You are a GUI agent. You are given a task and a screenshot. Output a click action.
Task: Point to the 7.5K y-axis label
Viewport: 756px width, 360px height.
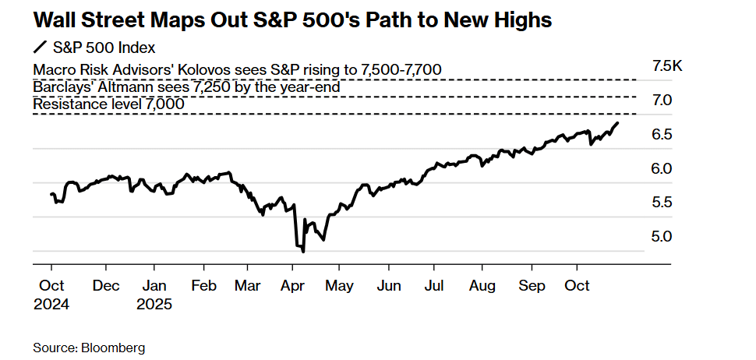pyautogui.click(x=667, y=66)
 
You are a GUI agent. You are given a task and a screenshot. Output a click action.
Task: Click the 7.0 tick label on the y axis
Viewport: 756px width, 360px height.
pyautogui.click(x=662, y=101)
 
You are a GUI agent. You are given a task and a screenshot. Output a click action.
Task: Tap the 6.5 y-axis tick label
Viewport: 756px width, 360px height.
pyautogui.click(x=662, y=135)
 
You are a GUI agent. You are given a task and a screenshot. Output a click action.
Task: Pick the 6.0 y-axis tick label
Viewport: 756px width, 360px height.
pyautogui.click(x=662, y=168)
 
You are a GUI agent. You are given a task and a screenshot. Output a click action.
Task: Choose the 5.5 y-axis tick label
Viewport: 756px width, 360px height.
pyautogui.click(x=662, y=203)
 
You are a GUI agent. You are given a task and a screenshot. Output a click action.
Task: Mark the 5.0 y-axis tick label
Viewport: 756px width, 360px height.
pyautogui.click(x=662, y=236)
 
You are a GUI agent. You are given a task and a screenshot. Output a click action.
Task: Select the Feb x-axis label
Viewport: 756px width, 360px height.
pyautogui.click(x=204, y=285)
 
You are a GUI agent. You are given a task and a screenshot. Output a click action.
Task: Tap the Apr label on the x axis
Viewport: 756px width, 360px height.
pyautogui.click(x=293, y=285)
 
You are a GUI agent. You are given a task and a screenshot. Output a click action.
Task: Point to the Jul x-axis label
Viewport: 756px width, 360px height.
pyautogui.click(x=436, y=285)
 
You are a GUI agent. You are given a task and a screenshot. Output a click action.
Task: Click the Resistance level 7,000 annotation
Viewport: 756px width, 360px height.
pyautogui.click(x=108, y=104)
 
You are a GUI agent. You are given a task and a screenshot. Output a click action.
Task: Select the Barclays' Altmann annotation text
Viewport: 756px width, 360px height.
pyautogui.click(x=186, y=87)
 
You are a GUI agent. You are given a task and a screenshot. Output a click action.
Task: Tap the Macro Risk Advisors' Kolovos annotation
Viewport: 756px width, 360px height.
pyautogui.click(x=238, y=70)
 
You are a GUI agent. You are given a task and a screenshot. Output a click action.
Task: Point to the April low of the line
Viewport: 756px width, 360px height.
pyautogui.click(x=302, y=251)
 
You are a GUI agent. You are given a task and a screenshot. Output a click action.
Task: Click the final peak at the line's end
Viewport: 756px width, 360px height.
pyautogui.click(x=618, y=122)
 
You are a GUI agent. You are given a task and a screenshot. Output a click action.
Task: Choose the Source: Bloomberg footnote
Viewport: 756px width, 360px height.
pyautogui.click(x=90, y=347)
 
